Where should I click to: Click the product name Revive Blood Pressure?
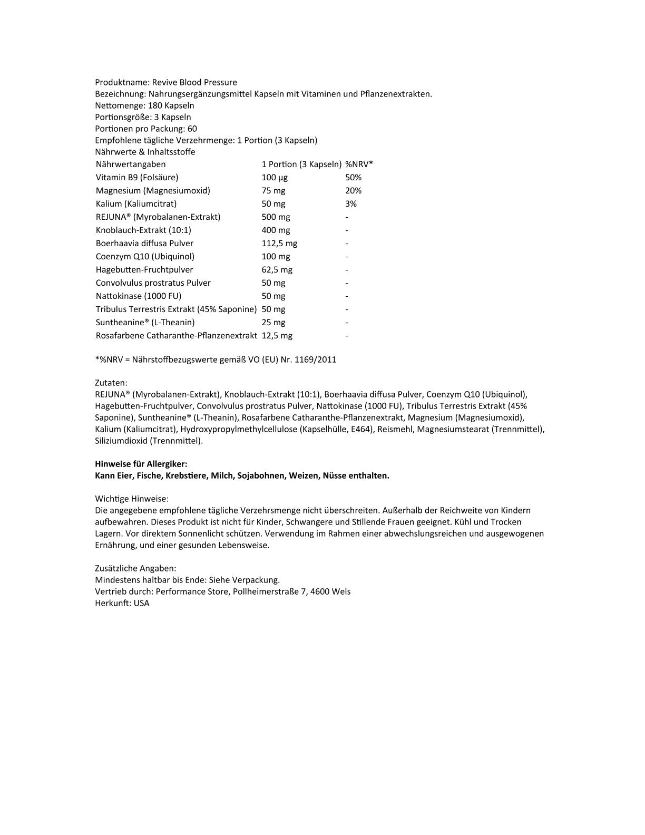tap(194, 82)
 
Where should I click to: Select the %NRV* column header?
tap(359, 164)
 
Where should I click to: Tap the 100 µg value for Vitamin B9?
tap(275, 177)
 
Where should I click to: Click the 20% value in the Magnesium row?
tap(353, 190)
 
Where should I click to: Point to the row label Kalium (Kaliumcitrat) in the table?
tap(136, 203)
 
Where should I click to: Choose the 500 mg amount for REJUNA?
tap(276, 217)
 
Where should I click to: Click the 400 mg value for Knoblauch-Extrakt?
tap(276, 230)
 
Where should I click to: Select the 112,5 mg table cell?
tap(279, 243)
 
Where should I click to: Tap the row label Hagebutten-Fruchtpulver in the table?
tap(144, 269)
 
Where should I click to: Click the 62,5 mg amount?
tap(277, 269)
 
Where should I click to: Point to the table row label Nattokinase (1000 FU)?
tap(139, 296)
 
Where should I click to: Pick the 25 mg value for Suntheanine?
tap(273, 322)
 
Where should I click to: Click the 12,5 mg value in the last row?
tap(277, 335)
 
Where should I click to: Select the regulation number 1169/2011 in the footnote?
tap(316, 360)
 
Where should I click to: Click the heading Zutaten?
tap(111, 383)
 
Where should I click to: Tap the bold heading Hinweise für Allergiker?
tap(141, 464)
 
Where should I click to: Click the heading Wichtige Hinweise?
tap(132, 499)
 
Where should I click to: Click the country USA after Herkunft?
tap(142, 603)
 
